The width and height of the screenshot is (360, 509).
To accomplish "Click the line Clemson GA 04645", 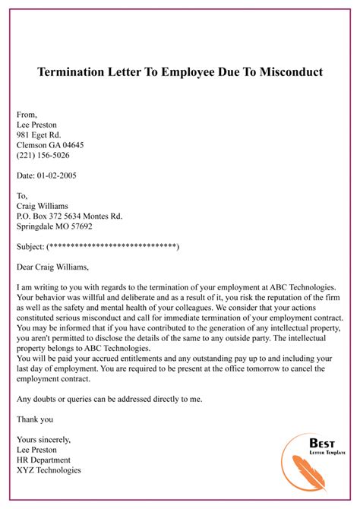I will [50, 145].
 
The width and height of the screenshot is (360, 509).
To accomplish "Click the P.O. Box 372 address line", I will [69, 216].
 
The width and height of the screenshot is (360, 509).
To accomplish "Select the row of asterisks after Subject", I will [112, 247].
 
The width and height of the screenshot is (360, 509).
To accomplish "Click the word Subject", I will [30, 247].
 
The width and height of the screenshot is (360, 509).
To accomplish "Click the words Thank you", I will [34, 419].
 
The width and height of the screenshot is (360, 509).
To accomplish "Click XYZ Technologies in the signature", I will [49, 470].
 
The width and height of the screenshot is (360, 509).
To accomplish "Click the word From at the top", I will [26, 114].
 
